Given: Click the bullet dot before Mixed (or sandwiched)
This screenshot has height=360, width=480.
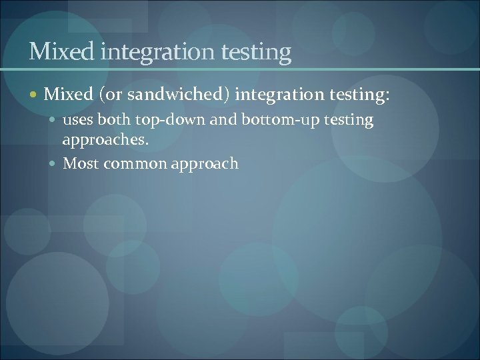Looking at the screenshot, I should [35, 96].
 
